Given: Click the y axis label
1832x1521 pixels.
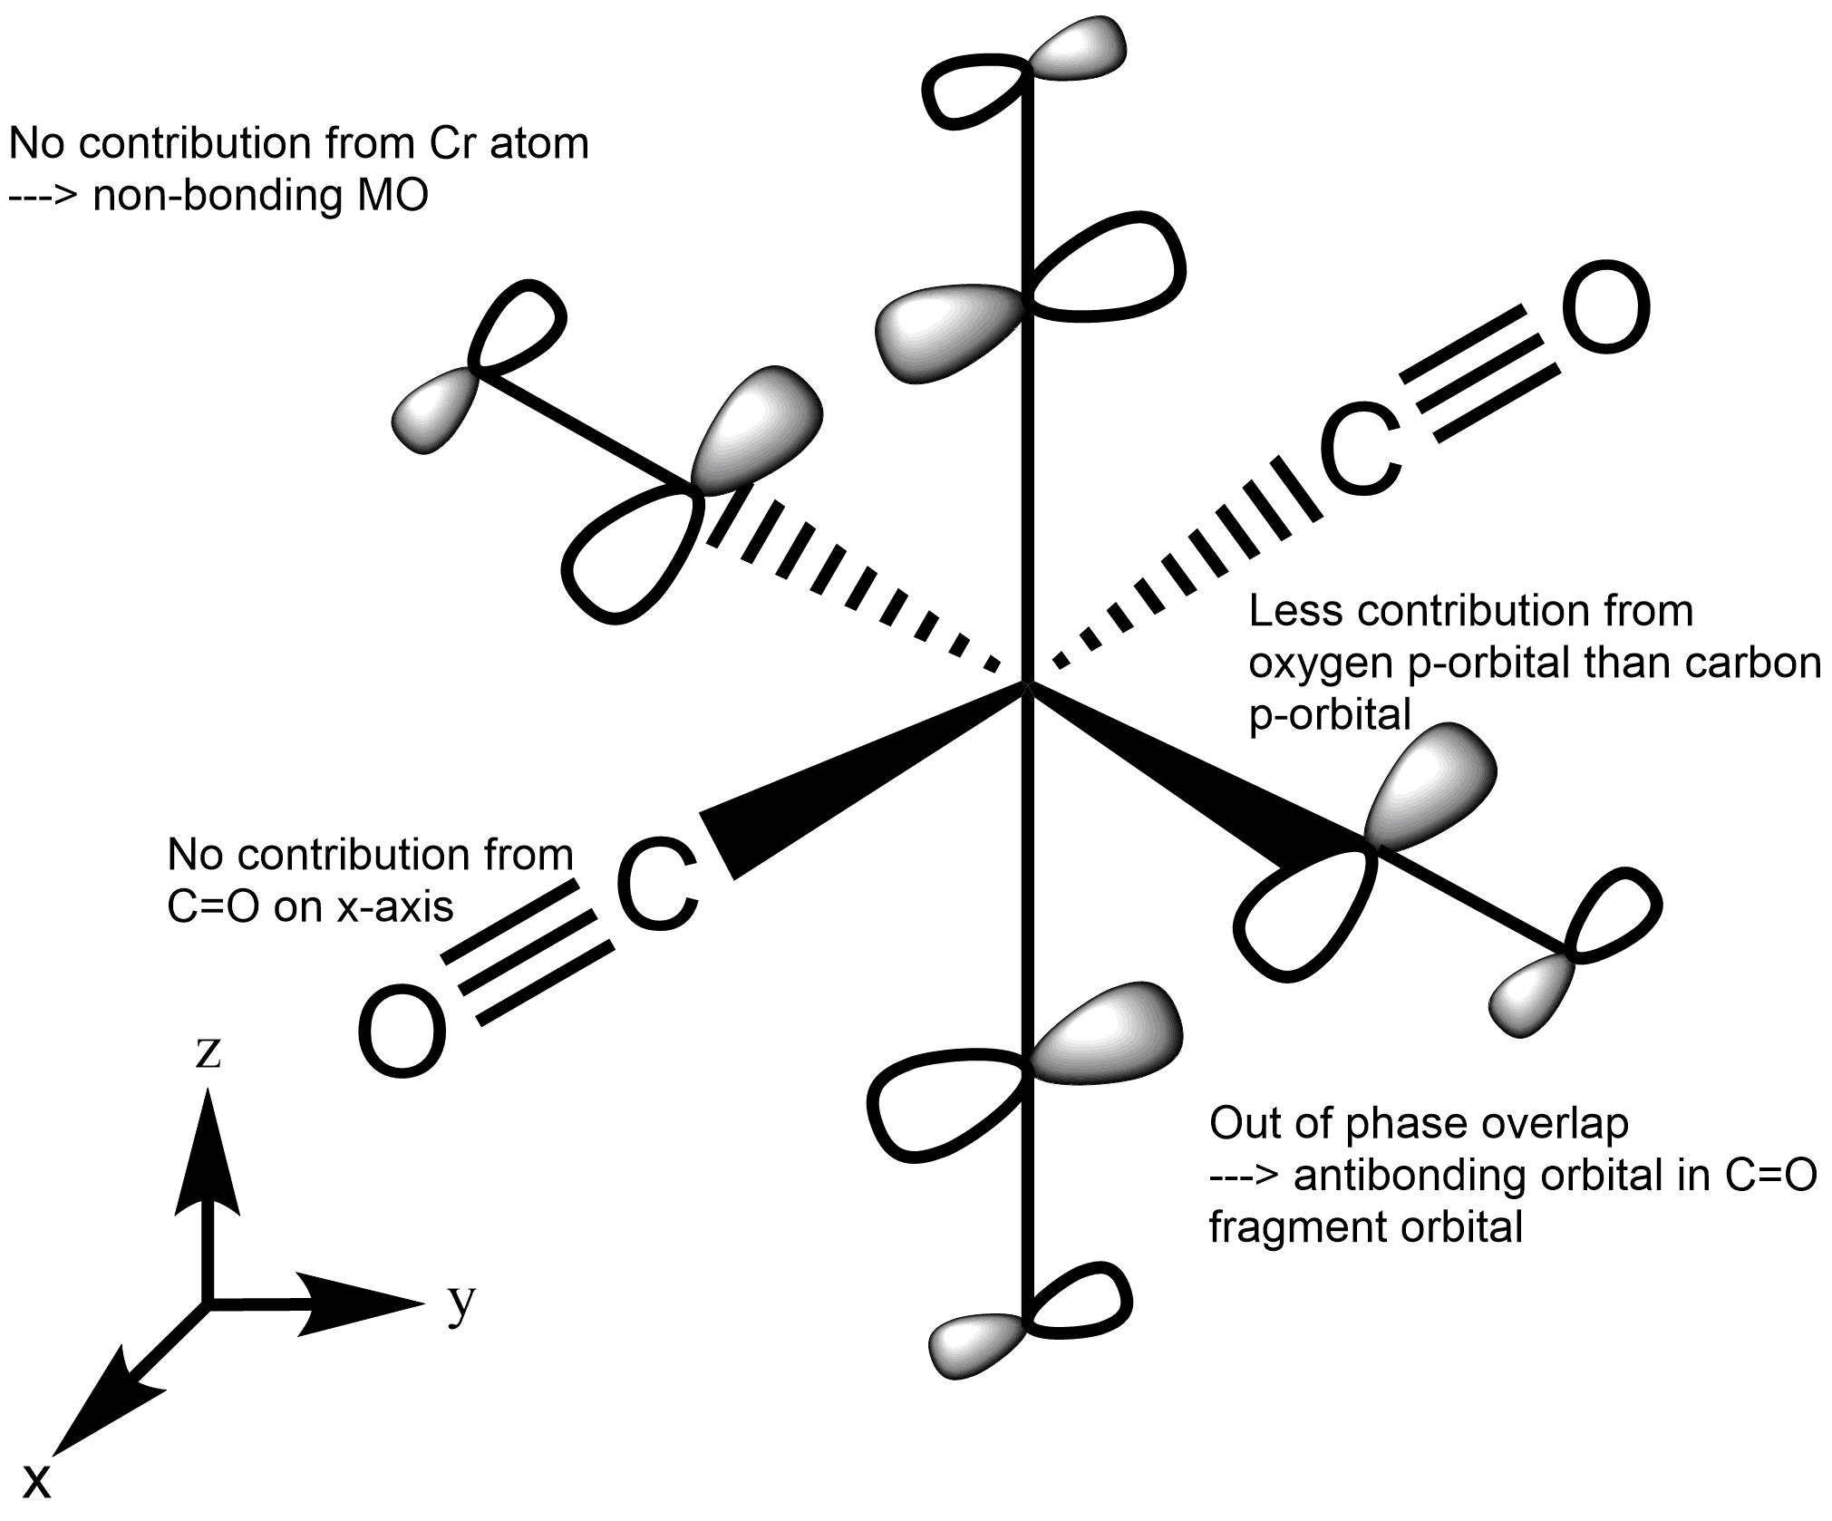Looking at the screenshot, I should point(461,1303).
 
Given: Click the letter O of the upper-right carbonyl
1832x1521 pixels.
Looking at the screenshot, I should point(1609,307).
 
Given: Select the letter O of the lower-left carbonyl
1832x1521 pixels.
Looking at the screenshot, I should point(402,1032).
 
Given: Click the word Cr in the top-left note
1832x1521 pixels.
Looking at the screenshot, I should point(454,143).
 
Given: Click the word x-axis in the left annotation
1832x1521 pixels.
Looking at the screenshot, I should point(395,906).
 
